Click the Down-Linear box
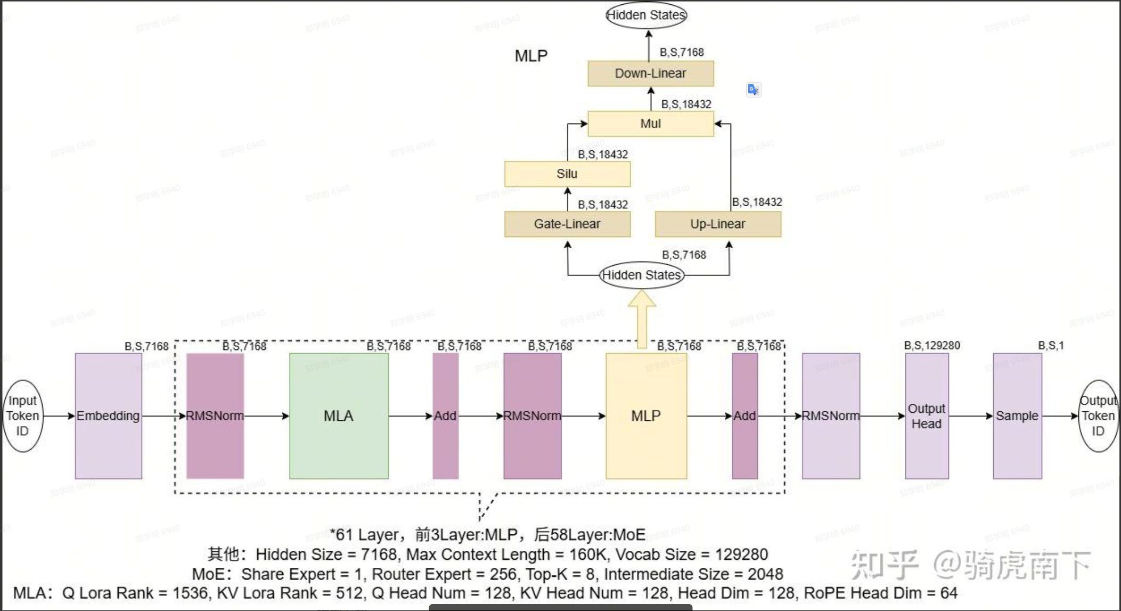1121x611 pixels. pyautogui.click(x=650, y=74)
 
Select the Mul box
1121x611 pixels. pyautogui.click(x=650, y=124)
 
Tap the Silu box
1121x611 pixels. pyautogui.click(x=567, y=174)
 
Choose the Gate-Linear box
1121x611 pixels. pyautogui.click(x=567, y=224)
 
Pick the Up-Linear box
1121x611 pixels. pyautogui.click(x=718, y=224)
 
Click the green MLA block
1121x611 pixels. pyautogui.click(x=339, y=416)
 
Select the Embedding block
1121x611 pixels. pyautogui.click(x=108, y=416)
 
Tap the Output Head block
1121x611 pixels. pyautogui.click(x=927, y=416)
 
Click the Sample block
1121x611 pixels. pyautogui.click(x=1017, y=416)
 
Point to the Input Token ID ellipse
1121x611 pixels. pyautogui.click(x=22, y=416)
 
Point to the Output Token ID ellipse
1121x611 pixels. pyautogui.click(x=1098, y=416)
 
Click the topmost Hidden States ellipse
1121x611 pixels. pyautogui.click(x=646, y=15)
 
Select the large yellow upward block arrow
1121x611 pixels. pyautogui.click(x=642, y=319)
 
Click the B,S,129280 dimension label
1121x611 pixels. pyautogui.click(x=932, y=346)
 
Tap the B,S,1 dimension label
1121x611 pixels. pyautogui.click(x=1051, y=346)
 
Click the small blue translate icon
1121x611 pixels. pyautogui.click(x=753, y=89)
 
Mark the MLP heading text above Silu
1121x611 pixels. pyautogui.click(x=531, y=56)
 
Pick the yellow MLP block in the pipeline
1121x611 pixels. pyautogui.click(x=646, y=416)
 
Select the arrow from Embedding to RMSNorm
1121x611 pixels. pyautogui.click(x=160, y=416)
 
